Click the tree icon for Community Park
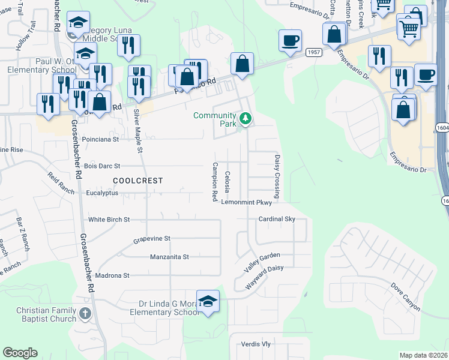coord(245,119)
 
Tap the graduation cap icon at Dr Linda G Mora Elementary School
coord(208,302)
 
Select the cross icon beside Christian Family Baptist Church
coord(85,313)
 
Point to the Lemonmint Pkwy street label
coord(247,203)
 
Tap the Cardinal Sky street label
coord(277,219)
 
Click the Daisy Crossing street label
coord(277,176)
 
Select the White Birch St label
coord(109,220)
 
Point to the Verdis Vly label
coord(256,344)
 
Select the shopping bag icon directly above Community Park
coord(243,64)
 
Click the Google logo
coord(20,353)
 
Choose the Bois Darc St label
coord(102,166)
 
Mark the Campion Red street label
coord(214,182)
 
